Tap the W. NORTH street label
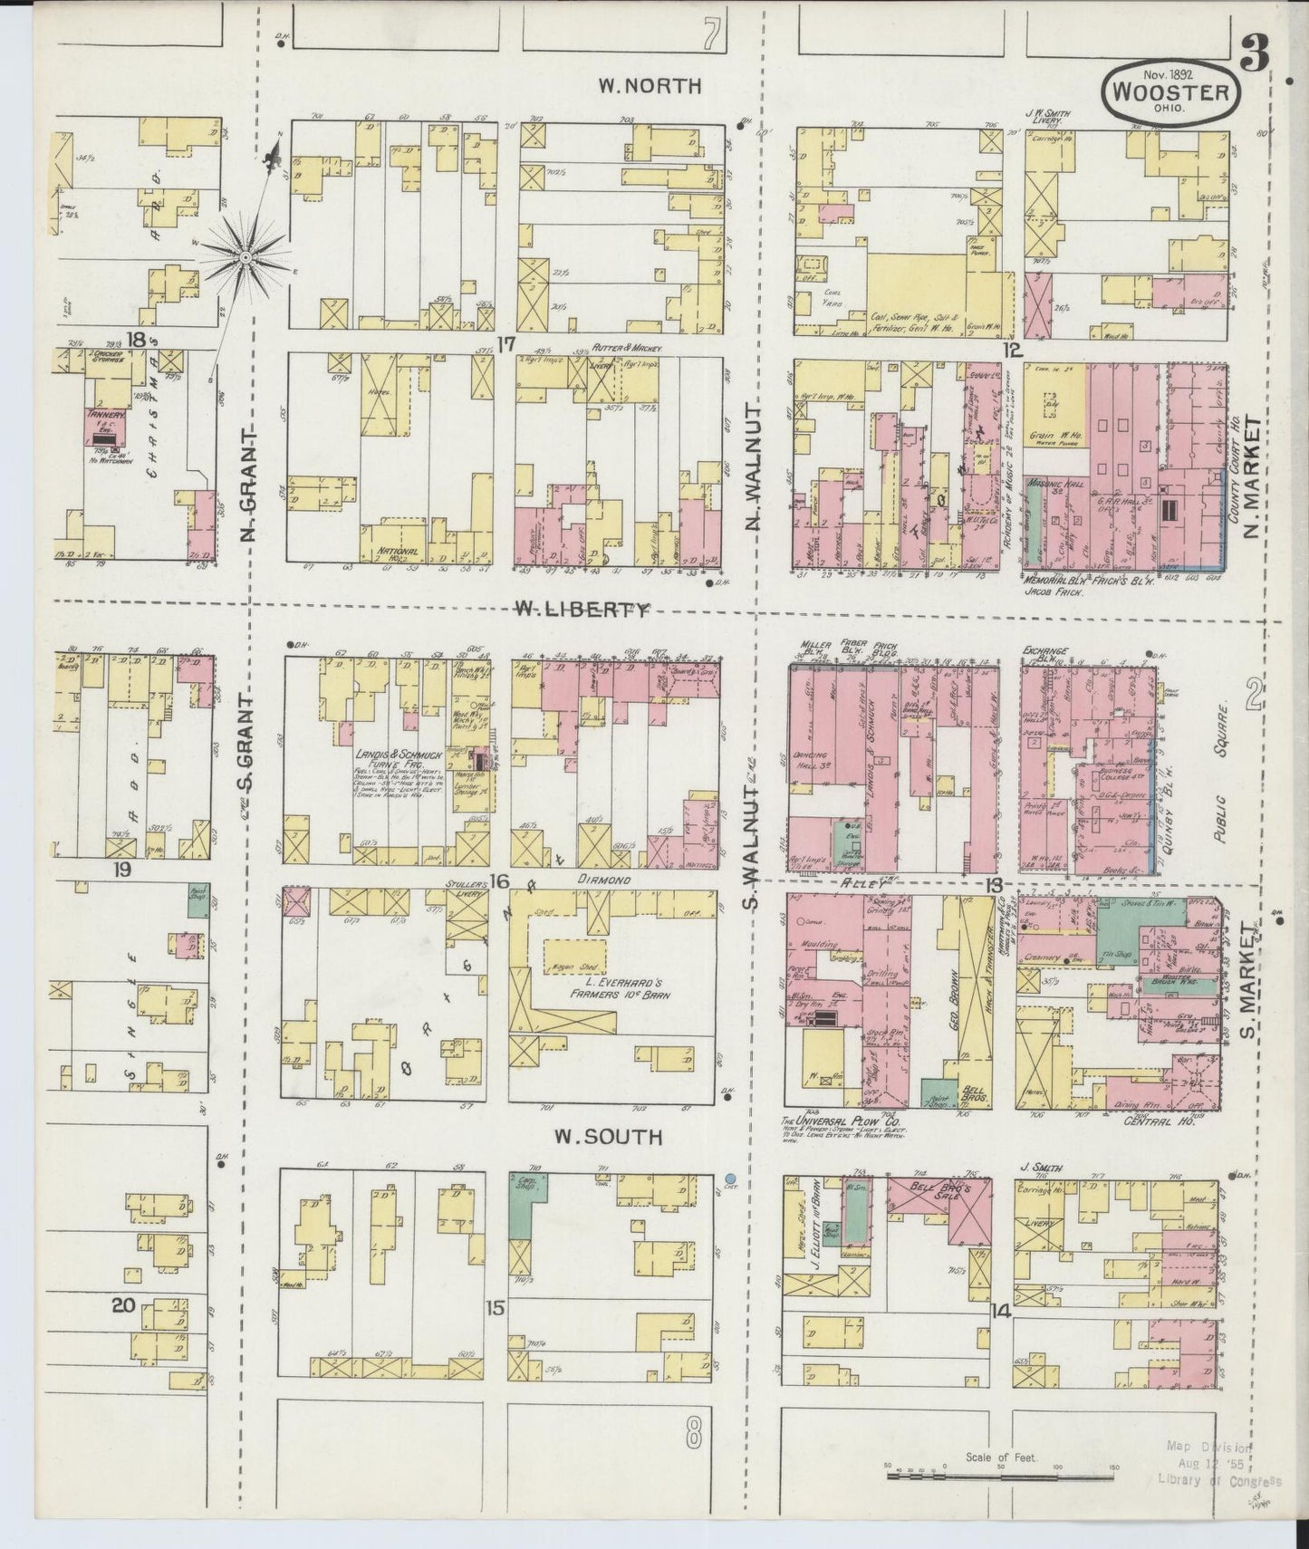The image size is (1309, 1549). (650, 86)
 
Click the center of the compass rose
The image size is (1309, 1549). (245, 258)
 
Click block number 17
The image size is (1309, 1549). (505, 343)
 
